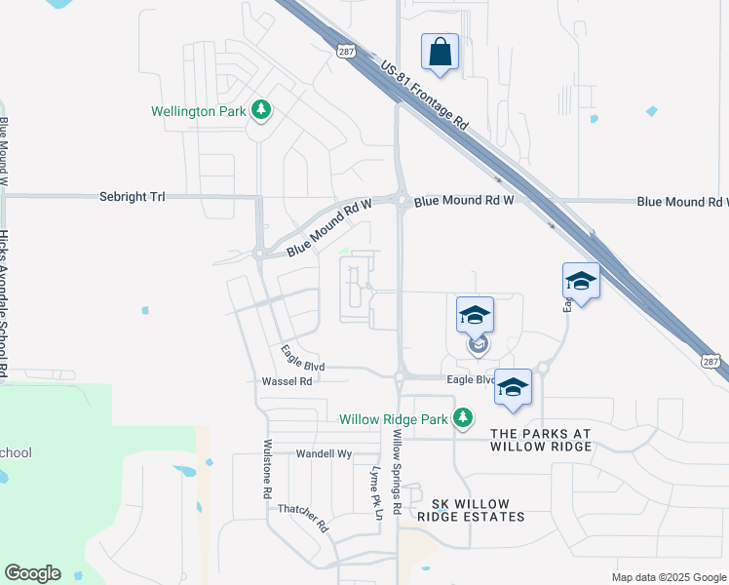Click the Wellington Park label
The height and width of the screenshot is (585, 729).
(x=198, y=111)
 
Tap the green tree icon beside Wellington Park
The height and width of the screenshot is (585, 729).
(x=260, y=110)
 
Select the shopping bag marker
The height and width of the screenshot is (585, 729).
(x=440, y=52)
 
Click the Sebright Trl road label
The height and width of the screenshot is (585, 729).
(x=133, y=197)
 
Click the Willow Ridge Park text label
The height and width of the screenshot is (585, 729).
(x=393, y=420)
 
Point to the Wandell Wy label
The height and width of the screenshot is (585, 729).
(x=323, y=453)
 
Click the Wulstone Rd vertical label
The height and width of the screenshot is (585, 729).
(x=266, y=468)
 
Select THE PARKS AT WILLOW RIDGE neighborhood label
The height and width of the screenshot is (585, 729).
(x=540, y=440)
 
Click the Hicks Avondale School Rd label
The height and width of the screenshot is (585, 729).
(x=5, y=302)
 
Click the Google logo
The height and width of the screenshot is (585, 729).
(x=32, y=573)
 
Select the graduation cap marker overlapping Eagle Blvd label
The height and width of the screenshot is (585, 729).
(x=513, y=387)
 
